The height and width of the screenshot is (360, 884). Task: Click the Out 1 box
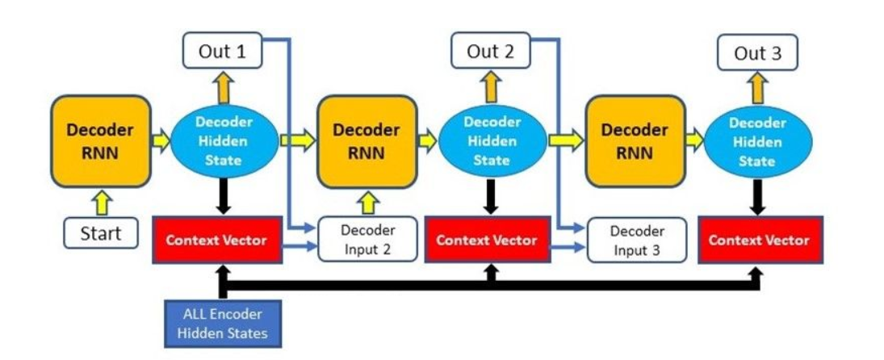tap(224, 52)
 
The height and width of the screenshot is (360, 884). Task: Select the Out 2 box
tap(491, 52)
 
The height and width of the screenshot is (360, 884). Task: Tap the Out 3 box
tap(758, 53)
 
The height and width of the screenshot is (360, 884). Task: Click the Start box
tap(101, 234)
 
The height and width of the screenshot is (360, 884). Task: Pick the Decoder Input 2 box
tap(368, 239)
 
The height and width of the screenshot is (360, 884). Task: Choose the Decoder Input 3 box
tap(636, 240)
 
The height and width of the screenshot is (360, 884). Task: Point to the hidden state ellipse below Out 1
tap(223, 141)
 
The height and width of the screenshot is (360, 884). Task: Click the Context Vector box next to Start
tap(216, 240)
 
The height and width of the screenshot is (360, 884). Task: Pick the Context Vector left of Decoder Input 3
tap(486, 240)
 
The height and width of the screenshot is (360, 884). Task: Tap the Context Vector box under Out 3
tap(759, 240)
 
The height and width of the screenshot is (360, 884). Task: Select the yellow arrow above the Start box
tap(102, 202)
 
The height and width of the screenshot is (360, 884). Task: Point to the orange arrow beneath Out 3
tap(758, 86)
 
